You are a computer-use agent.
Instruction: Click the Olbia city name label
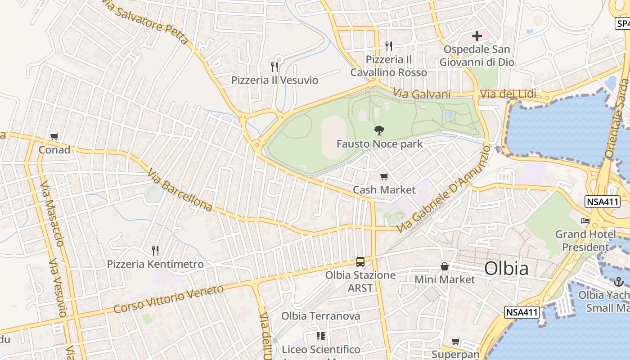click(x=506, y=269)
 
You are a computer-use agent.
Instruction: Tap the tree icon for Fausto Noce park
click(x=379, y=131)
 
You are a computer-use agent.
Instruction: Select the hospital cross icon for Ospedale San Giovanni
click(x=477, y=36)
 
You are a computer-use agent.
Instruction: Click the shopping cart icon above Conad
click(x=54, y=137)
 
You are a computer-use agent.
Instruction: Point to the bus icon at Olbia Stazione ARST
click(x=360, y=262)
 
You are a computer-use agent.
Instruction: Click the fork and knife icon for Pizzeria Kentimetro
click(x=155, y=251)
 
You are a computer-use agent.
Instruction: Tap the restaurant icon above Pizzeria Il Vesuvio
click(x=274, y=67)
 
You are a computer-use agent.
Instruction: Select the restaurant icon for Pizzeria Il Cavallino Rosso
click(x=389, y=46)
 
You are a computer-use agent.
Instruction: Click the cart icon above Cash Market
click(x=384, y=177)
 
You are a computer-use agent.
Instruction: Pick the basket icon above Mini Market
click(x=445, y=266)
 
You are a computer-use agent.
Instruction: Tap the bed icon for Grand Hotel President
click(x=585, y=221)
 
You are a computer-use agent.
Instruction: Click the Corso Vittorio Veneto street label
click(x=168, y=299)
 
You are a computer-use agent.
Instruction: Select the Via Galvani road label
click(x=422, y=94)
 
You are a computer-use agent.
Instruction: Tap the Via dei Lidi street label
click(x=508, y=94)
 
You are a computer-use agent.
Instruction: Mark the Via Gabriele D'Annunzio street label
click(x=443, y=189)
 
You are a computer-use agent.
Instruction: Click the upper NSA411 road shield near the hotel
click(x=603, y=202)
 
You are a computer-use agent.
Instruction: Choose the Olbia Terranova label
click(x=320, y=316)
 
